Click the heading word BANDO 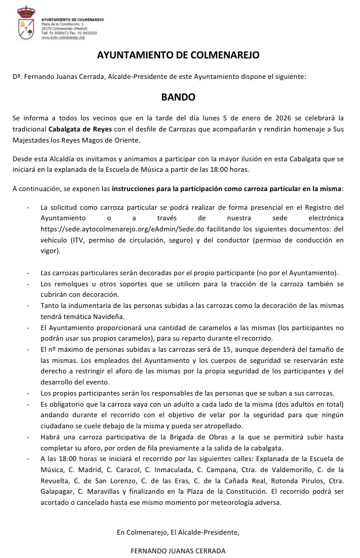(x=178, y=98)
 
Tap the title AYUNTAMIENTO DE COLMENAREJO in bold (x=178, y=56)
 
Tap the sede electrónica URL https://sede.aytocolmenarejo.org (x=101, y=228)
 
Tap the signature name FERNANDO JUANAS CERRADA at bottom (x=178, y=551)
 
